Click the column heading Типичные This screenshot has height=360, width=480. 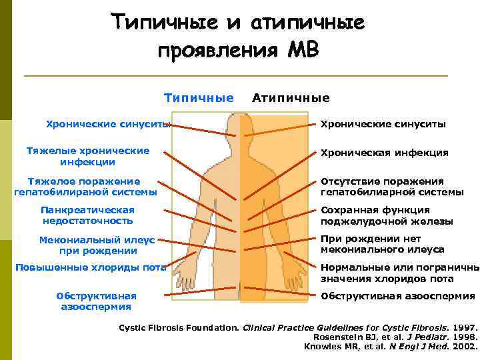(x=199, y=98)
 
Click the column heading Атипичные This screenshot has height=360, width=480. (x=291, y=98)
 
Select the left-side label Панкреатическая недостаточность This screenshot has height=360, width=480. (x=87, y=215)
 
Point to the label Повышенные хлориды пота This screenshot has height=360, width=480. (x=90, y=268)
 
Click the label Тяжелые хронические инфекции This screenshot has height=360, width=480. (x=87, y=156)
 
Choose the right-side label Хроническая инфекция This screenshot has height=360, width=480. (x=384, y=153)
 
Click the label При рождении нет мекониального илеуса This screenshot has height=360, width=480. (x=382, y=244)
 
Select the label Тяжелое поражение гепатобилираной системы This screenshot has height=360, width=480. (x=85, y=187)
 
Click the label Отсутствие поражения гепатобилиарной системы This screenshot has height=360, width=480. (x=392, y=187)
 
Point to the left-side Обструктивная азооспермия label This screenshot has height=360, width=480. (x=97, y=301)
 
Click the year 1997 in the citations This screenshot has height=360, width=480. (x=465, y=328)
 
